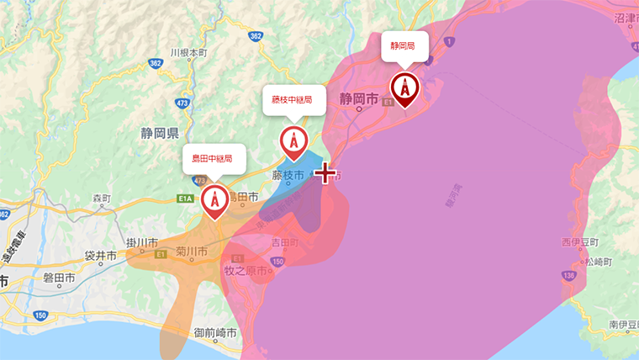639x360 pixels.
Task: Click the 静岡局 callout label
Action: (x=404, y=45)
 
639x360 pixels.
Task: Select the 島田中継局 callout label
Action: (x=214, y=157)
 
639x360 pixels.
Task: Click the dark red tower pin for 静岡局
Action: (x=405, y=88)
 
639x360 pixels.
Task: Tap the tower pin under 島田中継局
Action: (x=214, y=200)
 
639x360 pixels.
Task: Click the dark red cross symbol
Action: (x=325, y=174)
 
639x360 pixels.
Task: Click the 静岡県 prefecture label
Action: (x=160, y=133)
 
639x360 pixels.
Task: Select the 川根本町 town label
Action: (x=188, y=52)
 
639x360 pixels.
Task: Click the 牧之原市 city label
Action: (x=245, y=271)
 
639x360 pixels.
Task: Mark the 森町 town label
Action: (x=101, y=199)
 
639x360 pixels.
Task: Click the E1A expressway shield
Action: (x=186, y=198)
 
